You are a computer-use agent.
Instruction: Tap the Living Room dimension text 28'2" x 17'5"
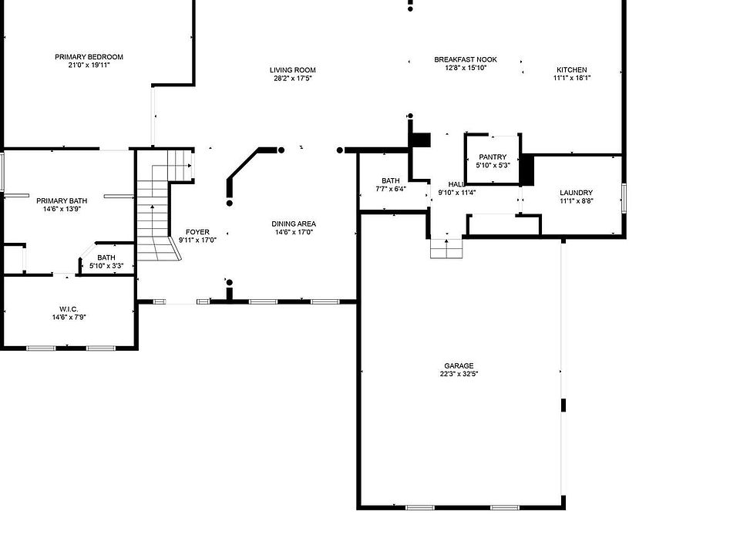[293, 79]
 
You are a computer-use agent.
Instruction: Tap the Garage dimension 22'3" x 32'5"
[459, 375]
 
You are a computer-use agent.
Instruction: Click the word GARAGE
[459, 365]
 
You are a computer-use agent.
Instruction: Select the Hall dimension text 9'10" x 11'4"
[457, 193]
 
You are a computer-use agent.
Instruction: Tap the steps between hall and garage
[446, 248]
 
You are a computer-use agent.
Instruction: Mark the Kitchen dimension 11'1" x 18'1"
[572, 78]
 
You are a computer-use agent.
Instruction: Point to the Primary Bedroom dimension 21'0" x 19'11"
[89, 65]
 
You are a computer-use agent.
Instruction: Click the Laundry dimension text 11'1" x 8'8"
[576, 200]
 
